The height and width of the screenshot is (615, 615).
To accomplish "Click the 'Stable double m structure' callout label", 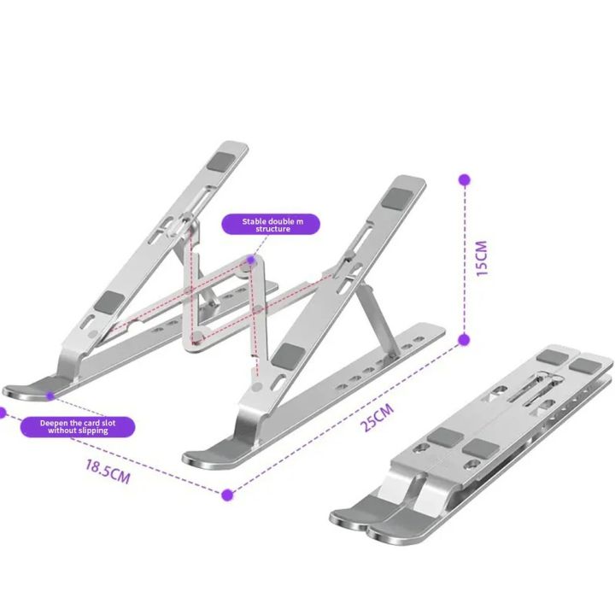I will (x=266, y=225).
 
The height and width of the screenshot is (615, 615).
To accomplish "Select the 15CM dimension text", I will (x=482, y=259).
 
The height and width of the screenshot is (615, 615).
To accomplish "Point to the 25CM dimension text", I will (x=378, y=418).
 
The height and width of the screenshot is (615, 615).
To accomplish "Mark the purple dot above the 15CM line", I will (x=464, y=181).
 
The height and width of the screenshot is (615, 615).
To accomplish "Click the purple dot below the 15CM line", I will (x=464, y=339).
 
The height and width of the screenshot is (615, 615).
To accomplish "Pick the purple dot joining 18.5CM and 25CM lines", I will (x=227, y=494).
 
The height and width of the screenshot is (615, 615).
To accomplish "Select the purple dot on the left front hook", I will (x=51, y=395).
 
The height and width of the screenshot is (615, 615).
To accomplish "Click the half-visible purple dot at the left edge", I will (x=2, y=412).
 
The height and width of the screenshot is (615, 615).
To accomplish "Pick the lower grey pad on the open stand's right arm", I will (x=290, y=355).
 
